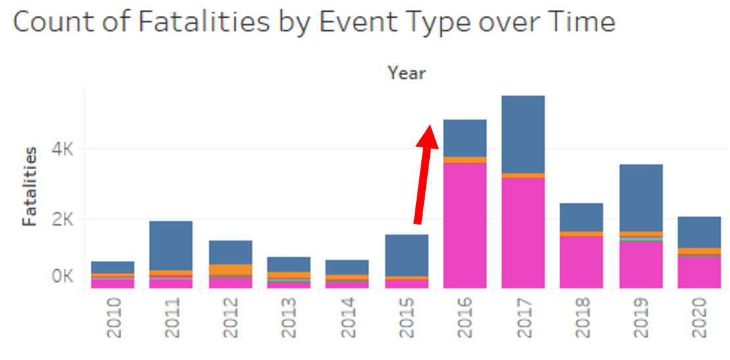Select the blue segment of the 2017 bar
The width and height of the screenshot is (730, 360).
tap(523, 134)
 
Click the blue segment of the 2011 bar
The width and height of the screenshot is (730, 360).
tap(170, 245)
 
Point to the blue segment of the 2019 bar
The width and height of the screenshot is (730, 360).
tap(640, 197)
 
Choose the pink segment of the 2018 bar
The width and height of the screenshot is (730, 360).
tap(581, 261)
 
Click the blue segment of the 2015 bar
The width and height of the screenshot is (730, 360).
tap(406, 255)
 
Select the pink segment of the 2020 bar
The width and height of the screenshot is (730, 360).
tap(698, 272)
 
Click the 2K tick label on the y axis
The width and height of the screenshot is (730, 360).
tap(62, 219)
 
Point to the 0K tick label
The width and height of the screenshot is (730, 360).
tap(62, 276)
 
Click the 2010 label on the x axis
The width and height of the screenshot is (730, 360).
tap(114, 318)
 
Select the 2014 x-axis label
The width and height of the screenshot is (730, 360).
tap(348, 318)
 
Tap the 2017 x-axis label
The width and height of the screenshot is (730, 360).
tap(523, 318)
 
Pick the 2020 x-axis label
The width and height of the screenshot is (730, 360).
tap(699, 318)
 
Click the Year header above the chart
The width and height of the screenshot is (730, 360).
tap(406, 73)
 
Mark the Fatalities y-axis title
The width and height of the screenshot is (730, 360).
tap(30, 186)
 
